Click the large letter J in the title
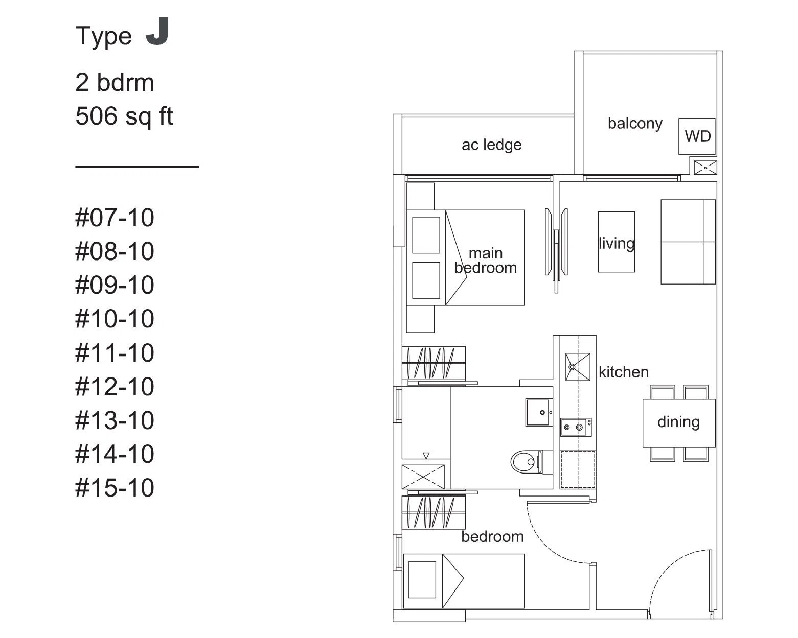pos(158,31)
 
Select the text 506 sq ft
pos(124,116)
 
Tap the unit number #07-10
pos(115,218)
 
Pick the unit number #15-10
pos(115,488)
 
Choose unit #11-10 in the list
pos(115,353)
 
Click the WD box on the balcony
pos(697,136)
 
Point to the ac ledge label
pos(491,145)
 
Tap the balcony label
pos(635,124)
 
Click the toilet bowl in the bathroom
pos(527,462)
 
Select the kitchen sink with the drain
pos(578,367)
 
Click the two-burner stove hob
pos(576,427)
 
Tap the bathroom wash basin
pos(539,412)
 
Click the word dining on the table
pos(678,422)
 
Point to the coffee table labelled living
pos(617,242)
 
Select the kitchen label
pos(623,372)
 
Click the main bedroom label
pos(486,261)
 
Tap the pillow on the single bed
pos(422,580)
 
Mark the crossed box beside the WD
pos(705,168)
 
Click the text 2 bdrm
pos(115,82)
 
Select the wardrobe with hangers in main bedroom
pos(434,363)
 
